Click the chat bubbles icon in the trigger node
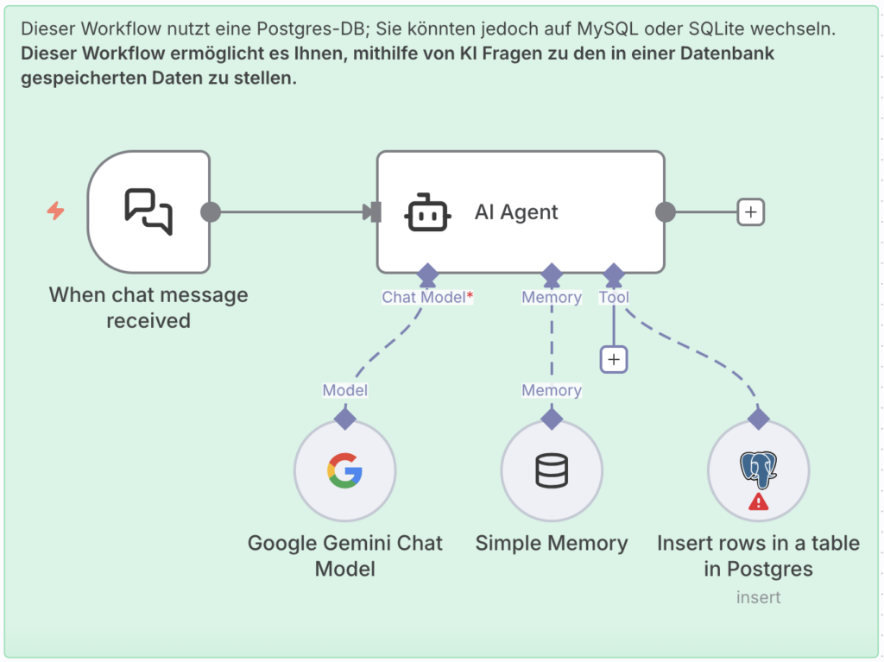tap(148, 211)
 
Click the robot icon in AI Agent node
tap(427, 212)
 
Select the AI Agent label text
tap(516, 212)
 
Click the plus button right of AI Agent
tap(750, 211)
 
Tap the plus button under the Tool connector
tap(613, 359)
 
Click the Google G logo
tap(344, 471)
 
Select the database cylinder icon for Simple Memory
tap(552, 471)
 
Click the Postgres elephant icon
tap(758, 469)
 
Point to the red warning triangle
tap(758, 501)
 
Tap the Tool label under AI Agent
tap(613, 297)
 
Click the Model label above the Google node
tap(344, 390)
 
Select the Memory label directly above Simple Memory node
tap(552, 390)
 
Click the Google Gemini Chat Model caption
tap(344, 556)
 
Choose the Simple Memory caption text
tap(552, 544)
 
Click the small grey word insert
tap(758, 597)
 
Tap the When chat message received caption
tap(148, 307)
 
